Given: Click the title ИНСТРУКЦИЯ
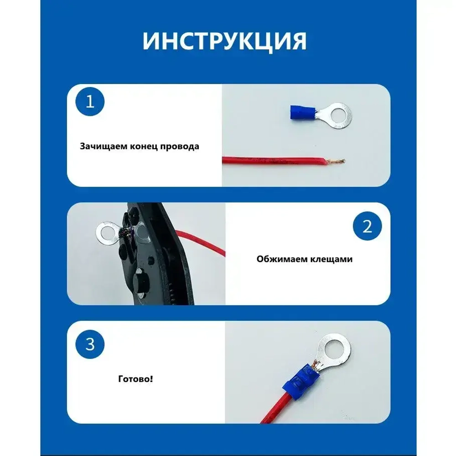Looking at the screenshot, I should point(224,41).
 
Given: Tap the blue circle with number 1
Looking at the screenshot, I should point(90,102).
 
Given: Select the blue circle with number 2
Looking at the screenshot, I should point(368,227).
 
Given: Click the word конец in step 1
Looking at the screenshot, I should point(144,147).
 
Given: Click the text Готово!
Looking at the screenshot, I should point(135,378).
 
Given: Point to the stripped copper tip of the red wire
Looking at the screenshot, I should point(337,161).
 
